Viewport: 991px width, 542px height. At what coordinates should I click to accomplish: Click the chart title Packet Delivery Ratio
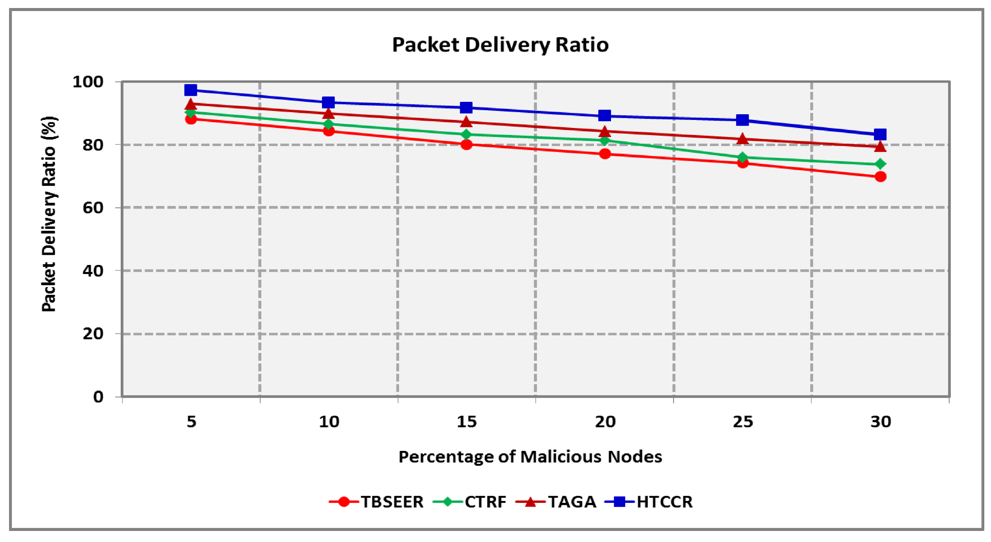500,45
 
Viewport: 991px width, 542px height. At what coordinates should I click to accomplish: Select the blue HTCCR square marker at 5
191,90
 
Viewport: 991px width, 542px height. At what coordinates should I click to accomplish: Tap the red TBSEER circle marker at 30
880,177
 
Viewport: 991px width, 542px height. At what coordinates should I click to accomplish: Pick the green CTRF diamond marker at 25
742,157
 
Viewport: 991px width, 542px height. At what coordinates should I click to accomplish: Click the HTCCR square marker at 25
742,120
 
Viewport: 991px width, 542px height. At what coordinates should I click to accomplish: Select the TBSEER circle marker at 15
466,144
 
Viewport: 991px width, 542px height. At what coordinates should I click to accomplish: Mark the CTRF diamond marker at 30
880,164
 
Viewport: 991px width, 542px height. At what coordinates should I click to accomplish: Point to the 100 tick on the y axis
88,82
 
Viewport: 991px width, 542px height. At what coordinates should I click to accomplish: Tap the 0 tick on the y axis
98,397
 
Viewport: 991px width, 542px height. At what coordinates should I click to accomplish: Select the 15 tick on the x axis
466,422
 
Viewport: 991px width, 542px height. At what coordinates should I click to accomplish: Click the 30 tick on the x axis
881,422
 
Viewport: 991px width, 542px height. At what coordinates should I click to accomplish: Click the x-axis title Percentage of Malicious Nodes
530,457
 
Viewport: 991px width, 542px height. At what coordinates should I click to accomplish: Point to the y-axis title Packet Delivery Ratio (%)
49,214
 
